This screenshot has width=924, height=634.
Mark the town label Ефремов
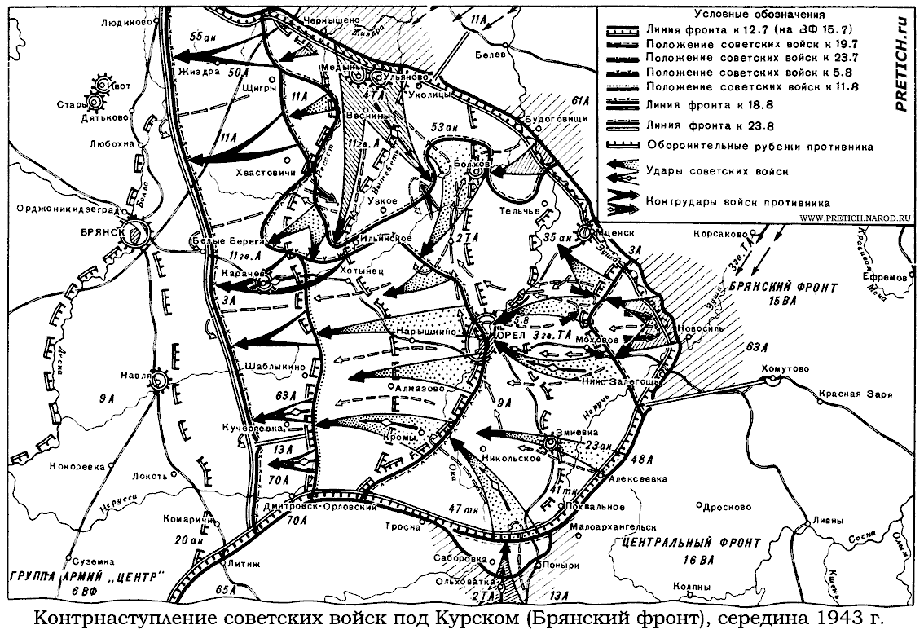pos(888,277)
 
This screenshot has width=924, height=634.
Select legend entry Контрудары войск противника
pos(738,201)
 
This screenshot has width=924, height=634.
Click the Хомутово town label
pos(785,369)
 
